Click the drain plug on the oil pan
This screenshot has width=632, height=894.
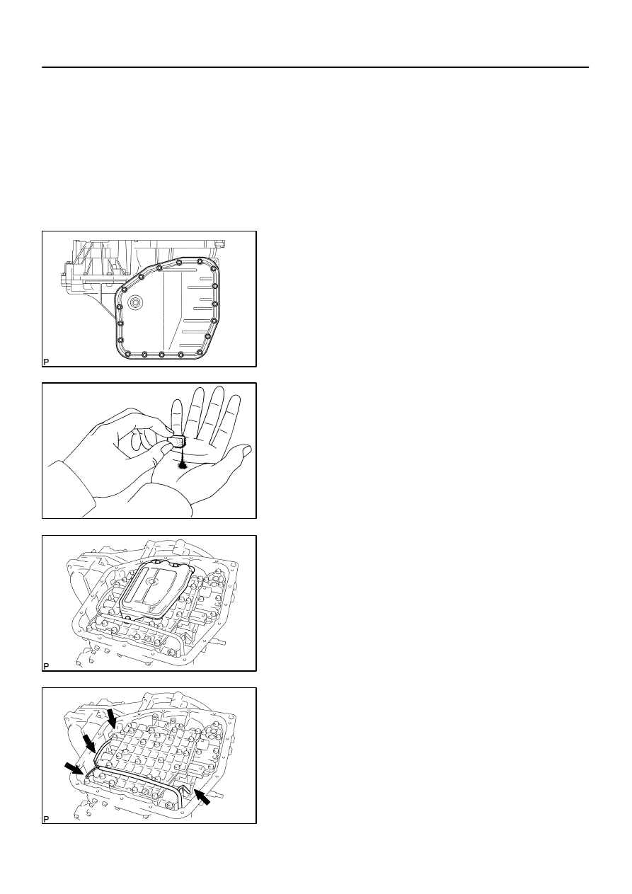coord(135,303)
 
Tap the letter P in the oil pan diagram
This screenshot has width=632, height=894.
coord(46,362)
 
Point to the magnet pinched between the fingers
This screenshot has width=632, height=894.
coord(178,442)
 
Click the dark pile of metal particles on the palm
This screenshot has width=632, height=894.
coord(183,464)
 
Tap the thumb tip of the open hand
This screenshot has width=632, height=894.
coord(246,449)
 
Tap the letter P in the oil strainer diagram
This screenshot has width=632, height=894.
coord(46,666)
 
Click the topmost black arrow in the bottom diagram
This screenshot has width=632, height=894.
coord(112,718)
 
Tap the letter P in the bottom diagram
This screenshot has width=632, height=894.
coord(46,818)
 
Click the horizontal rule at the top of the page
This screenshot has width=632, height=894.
coord(315,67)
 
